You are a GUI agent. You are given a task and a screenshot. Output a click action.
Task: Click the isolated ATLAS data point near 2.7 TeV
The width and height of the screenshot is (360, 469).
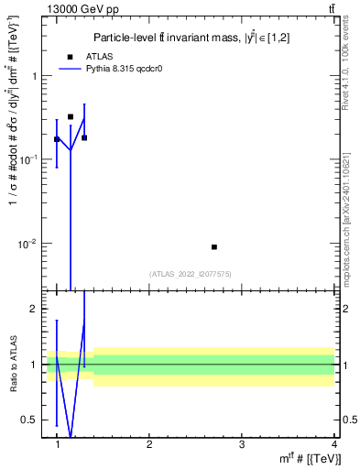point(214,247)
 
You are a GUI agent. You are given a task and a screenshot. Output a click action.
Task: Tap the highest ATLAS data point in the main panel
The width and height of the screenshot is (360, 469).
point(71,117)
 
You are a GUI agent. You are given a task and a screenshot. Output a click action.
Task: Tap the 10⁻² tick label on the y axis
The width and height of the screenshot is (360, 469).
point(29,244)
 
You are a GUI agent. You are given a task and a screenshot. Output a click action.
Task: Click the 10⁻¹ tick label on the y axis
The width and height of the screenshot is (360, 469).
point(29,159)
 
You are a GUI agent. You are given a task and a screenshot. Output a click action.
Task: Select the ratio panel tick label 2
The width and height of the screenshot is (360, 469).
point(36,309)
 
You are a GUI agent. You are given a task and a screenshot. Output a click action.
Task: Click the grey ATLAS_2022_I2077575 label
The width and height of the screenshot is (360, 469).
point(189,274)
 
